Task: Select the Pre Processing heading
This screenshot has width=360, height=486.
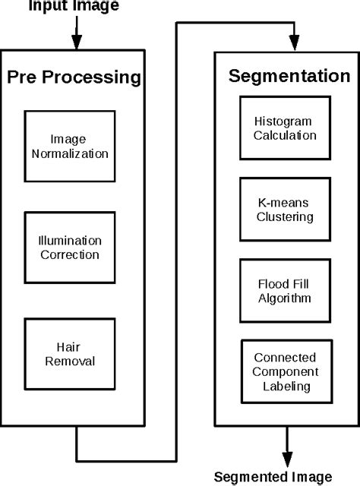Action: pyautogui.click(x=74, y=77)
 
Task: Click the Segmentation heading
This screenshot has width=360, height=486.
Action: pyautogui.click(x=289, y=77)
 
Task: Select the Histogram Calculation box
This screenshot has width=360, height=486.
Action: pyautogui.click(x=285, y=128)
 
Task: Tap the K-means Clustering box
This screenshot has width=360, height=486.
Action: pyautogui.click(x=285, y=210)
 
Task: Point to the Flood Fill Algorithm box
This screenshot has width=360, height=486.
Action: pyautogui.click(x=285, y=291)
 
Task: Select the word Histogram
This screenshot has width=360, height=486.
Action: pyautogui.click(x=285, y=121)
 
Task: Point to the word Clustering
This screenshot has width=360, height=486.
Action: pyautogui.click(x=285, y=216)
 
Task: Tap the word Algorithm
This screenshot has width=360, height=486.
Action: pyautogui.click(x=285, y=298)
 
